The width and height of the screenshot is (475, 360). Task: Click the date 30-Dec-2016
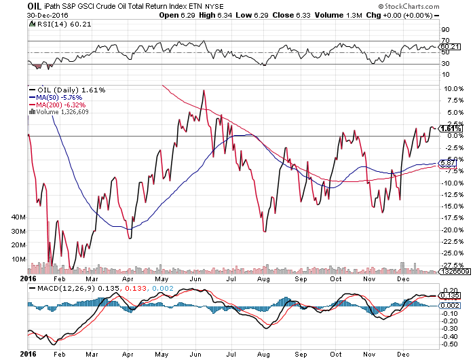(46, 15)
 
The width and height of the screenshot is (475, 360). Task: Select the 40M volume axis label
(18, 217)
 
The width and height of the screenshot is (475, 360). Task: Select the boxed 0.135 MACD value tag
(449, 295)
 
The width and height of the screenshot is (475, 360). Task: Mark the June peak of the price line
(204, 90)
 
